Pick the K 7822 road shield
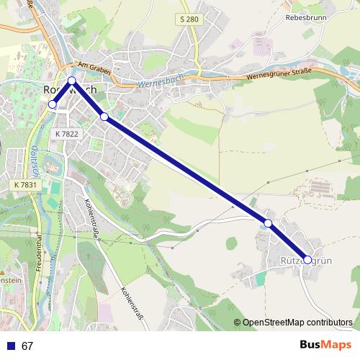pyautogui.click(x=66, y=134)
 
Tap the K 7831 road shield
pyautogui.click(x=25, y=185)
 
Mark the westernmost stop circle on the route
pyautogui.click(x=52, y=104)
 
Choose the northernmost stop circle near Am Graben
pyautogui.click(x=72, y=81)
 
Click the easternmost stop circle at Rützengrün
pyautogui.click(x=308, y=259)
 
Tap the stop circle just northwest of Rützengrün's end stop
pyautogui.click(x=268, y=223)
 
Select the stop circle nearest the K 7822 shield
pyautogui.click(x=104, y=117)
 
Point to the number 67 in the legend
pyautogui.click(x=27, y=346)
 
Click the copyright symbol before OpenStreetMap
pyautogui.click(x=237, y=322)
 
